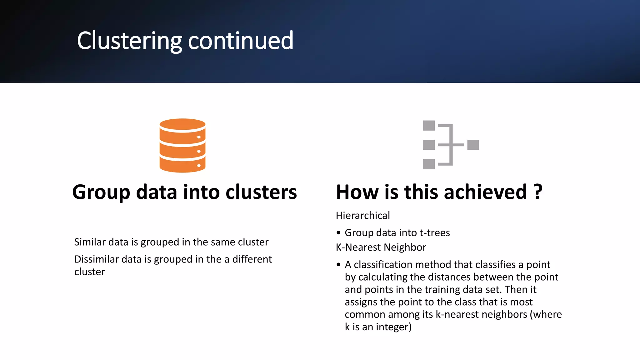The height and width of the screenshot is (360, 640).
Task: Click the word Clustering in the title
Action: [129, 41]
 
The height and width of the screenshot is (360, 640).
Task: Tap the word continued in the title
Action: [241, 41]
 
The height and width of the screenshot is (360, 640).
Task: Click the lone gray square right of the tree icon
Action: [473, 145]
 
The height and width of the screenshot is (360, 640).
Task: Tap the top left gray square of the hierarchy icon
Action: [429, 125]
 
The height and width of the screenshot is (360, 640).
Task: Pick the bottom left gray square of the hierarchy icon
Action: [429, 164]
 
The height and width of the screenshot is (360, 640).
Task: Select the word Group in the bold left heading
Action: [101, 192]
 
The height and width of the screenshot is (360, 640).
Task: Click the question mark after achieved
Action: [538, 192]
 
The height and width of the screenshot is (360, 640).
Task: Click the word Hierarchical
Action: [363, 216]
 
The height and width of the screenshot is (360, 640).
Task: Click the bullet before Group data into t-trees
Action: [338, 233]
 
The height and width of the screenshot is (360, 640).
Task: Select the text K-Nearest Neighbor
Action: [381, 247]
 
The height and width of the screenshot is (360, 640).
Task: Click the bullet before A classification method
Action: [338, 265]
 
